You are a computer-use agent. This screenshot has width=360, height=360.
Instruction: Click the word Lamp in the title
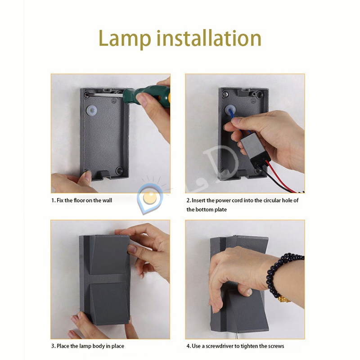tap(125, 39)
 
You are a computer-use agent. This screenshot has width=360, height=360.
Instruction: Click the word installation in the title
tap(209, 37)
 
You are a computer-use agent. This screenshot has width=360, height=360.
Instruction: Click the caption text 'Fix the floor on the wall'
tap(84, 200)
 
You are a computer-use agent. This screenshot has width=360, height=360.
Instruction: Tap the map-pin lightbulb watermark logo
tap(150, 198)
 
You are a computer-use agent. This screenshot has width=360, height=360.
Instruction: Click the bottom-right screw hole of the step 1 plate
tap(119, 170)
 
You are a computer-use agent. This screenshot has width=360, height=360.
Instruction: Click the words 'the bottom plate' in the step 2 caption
tap(207, 210)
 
